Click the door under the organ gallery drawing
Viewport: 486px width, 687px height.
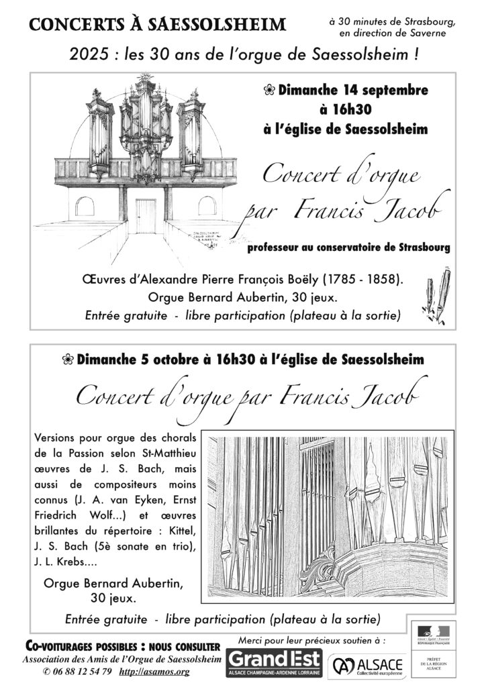pyautogui.click(x=146, y=215)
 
